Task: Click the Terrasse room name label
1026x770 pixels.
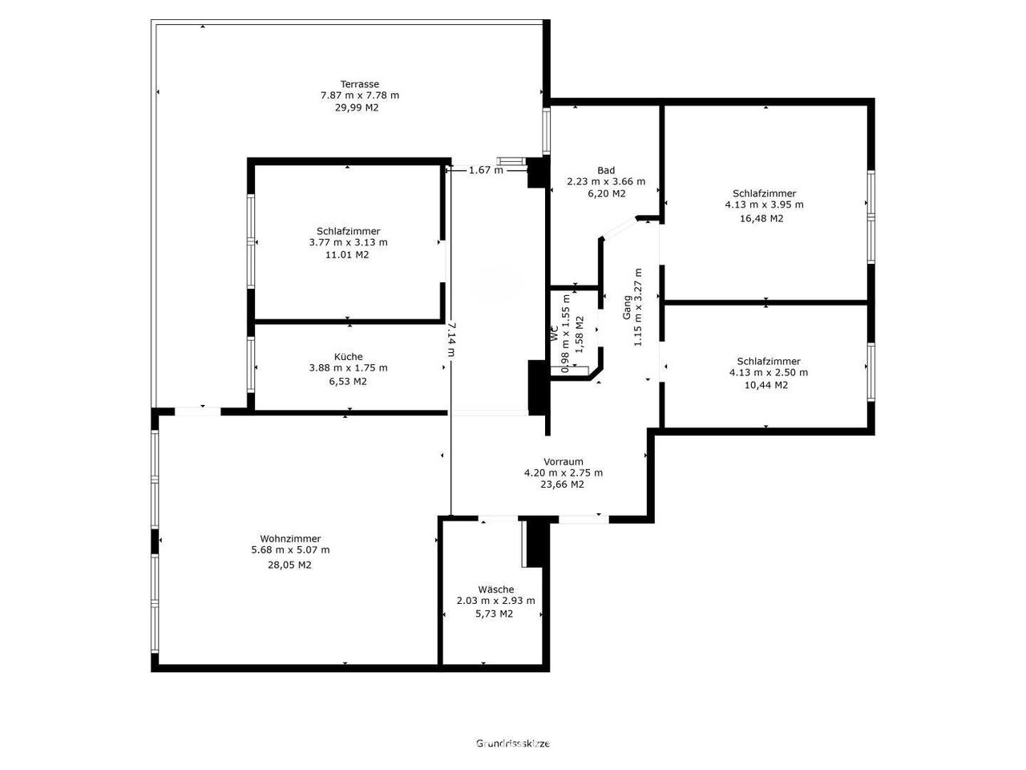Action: pos(359,84)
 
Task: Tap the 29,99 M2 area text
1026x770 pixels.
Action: pos(357,107)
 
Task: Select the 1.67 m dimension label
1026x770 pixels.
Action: pos(486,170)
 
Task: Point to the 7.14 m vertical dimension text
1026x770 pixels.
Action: pos(451,339)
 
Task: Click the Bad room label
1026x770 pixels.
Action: pos(606,170)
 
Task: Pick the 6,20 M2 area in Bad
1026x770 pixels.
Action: pos(606,193)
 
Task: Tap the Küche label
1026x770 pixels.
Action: pos(348,357)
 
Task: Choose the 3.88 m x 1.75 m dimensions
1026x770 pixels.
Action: pos(348,368)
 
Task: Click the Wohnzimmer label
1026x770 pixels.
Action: pos(290,538)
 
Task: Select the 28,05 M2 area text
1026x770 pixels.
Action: pos(289,565)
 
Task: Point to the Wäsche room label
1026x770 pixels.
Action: pos(496,590)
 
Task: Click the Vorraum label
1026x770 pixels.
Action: pos(563,461)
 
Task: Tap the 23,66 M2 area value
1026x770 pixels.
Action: pos(563,484)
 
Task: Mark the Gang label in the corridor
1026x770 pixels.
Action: pos(627,308)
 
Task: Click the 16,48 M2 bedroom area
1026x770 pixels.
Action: pos(761,218)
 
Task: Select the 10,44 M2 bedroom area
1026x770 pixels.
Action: pos(766,385)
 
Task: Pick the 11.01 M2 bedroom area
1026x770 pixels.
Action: pos(347,255)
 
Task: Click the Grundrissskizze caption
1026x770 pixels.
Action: pos(513,744)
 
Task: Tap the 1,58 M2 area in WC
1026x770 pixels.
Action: pos(580,334)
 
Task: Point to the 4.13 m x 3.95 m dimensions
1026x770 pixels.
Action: pos(764,205)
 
